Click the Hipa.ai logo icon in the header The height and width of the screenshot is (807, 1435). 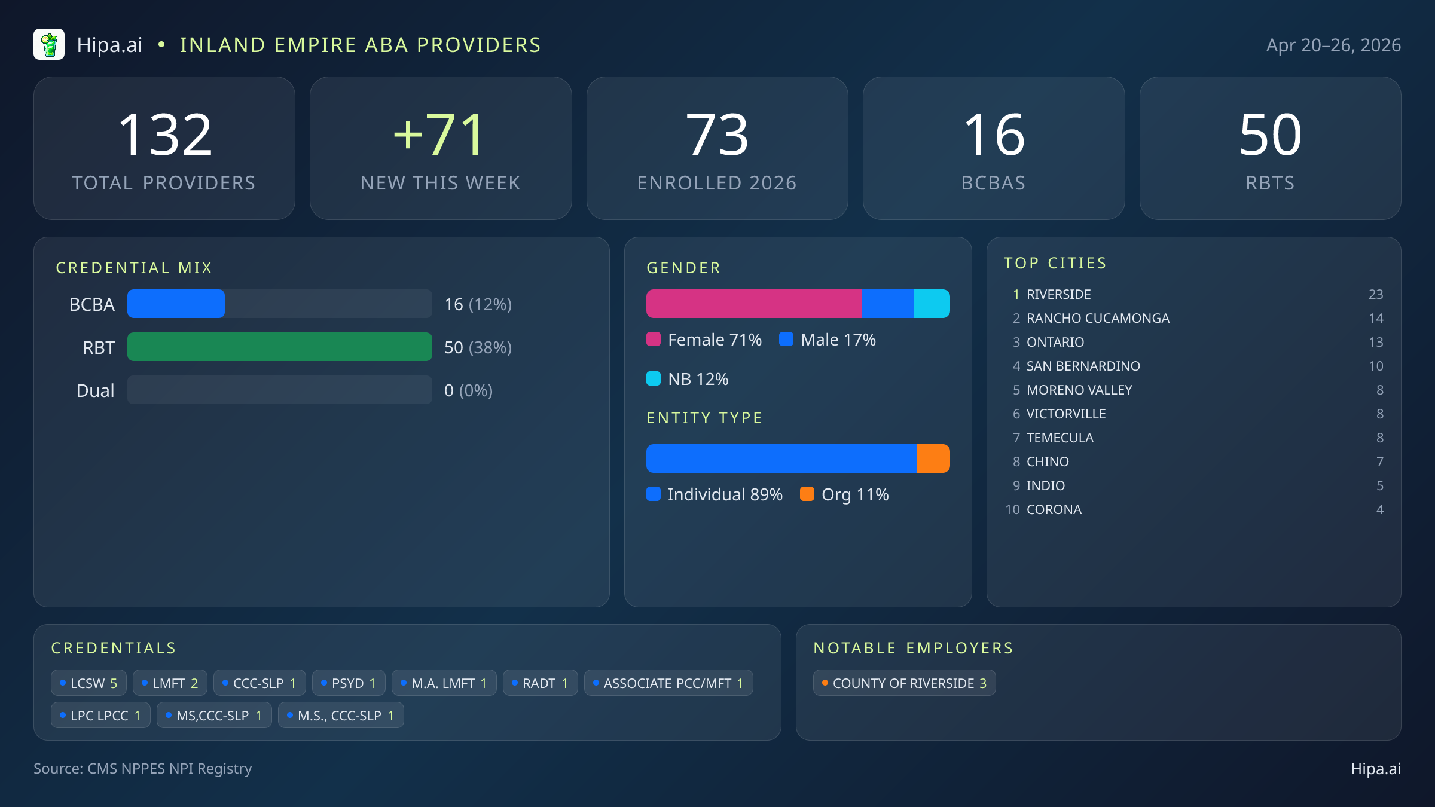point(49,45)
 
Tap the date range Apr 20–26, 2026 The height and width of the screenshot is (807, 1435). point(1333,45)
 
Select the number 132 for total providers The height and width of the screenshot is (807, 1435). point(165,135)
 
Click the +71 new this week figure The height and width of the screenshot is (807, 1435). point(439,135)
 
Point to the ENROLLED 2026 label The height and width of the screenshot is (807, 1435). point(716,183)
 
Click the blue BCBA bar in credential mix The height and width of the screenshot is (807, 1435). point(176,304)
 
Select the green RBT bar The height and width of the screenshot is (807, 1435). point(279,347)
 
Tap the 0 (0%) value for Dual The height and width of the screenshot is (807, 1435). point(468,390)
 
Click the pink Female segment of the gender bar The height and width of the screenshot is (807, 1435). point(753,304)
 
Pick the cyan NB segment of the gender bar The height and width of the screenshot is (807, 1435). point(932,304)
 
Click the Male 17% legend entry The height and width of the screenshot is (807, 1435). point(828,340)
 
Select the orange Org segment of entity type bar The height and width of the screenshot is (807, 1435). point(933,458)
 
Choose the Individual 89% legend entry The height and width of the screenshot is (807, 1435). point(715,494)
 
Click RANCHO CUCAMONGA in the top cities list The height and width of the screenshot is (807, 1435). point(1098,318)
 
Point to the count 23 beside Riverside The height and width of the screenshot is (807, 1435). point(1375,294)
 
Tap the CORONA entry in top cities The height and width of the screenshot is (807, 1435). point(1054,509)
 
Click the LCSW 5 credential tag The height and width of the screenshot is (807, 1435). point(88,683)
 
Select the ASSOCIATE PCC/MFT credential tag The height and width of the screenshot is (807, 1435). point(668,683)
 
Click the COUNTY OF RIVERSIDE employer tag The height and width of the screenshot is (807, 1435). point(904,683)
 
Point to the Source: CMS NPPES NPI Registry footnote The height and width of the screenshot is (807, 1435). point(142,768)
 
